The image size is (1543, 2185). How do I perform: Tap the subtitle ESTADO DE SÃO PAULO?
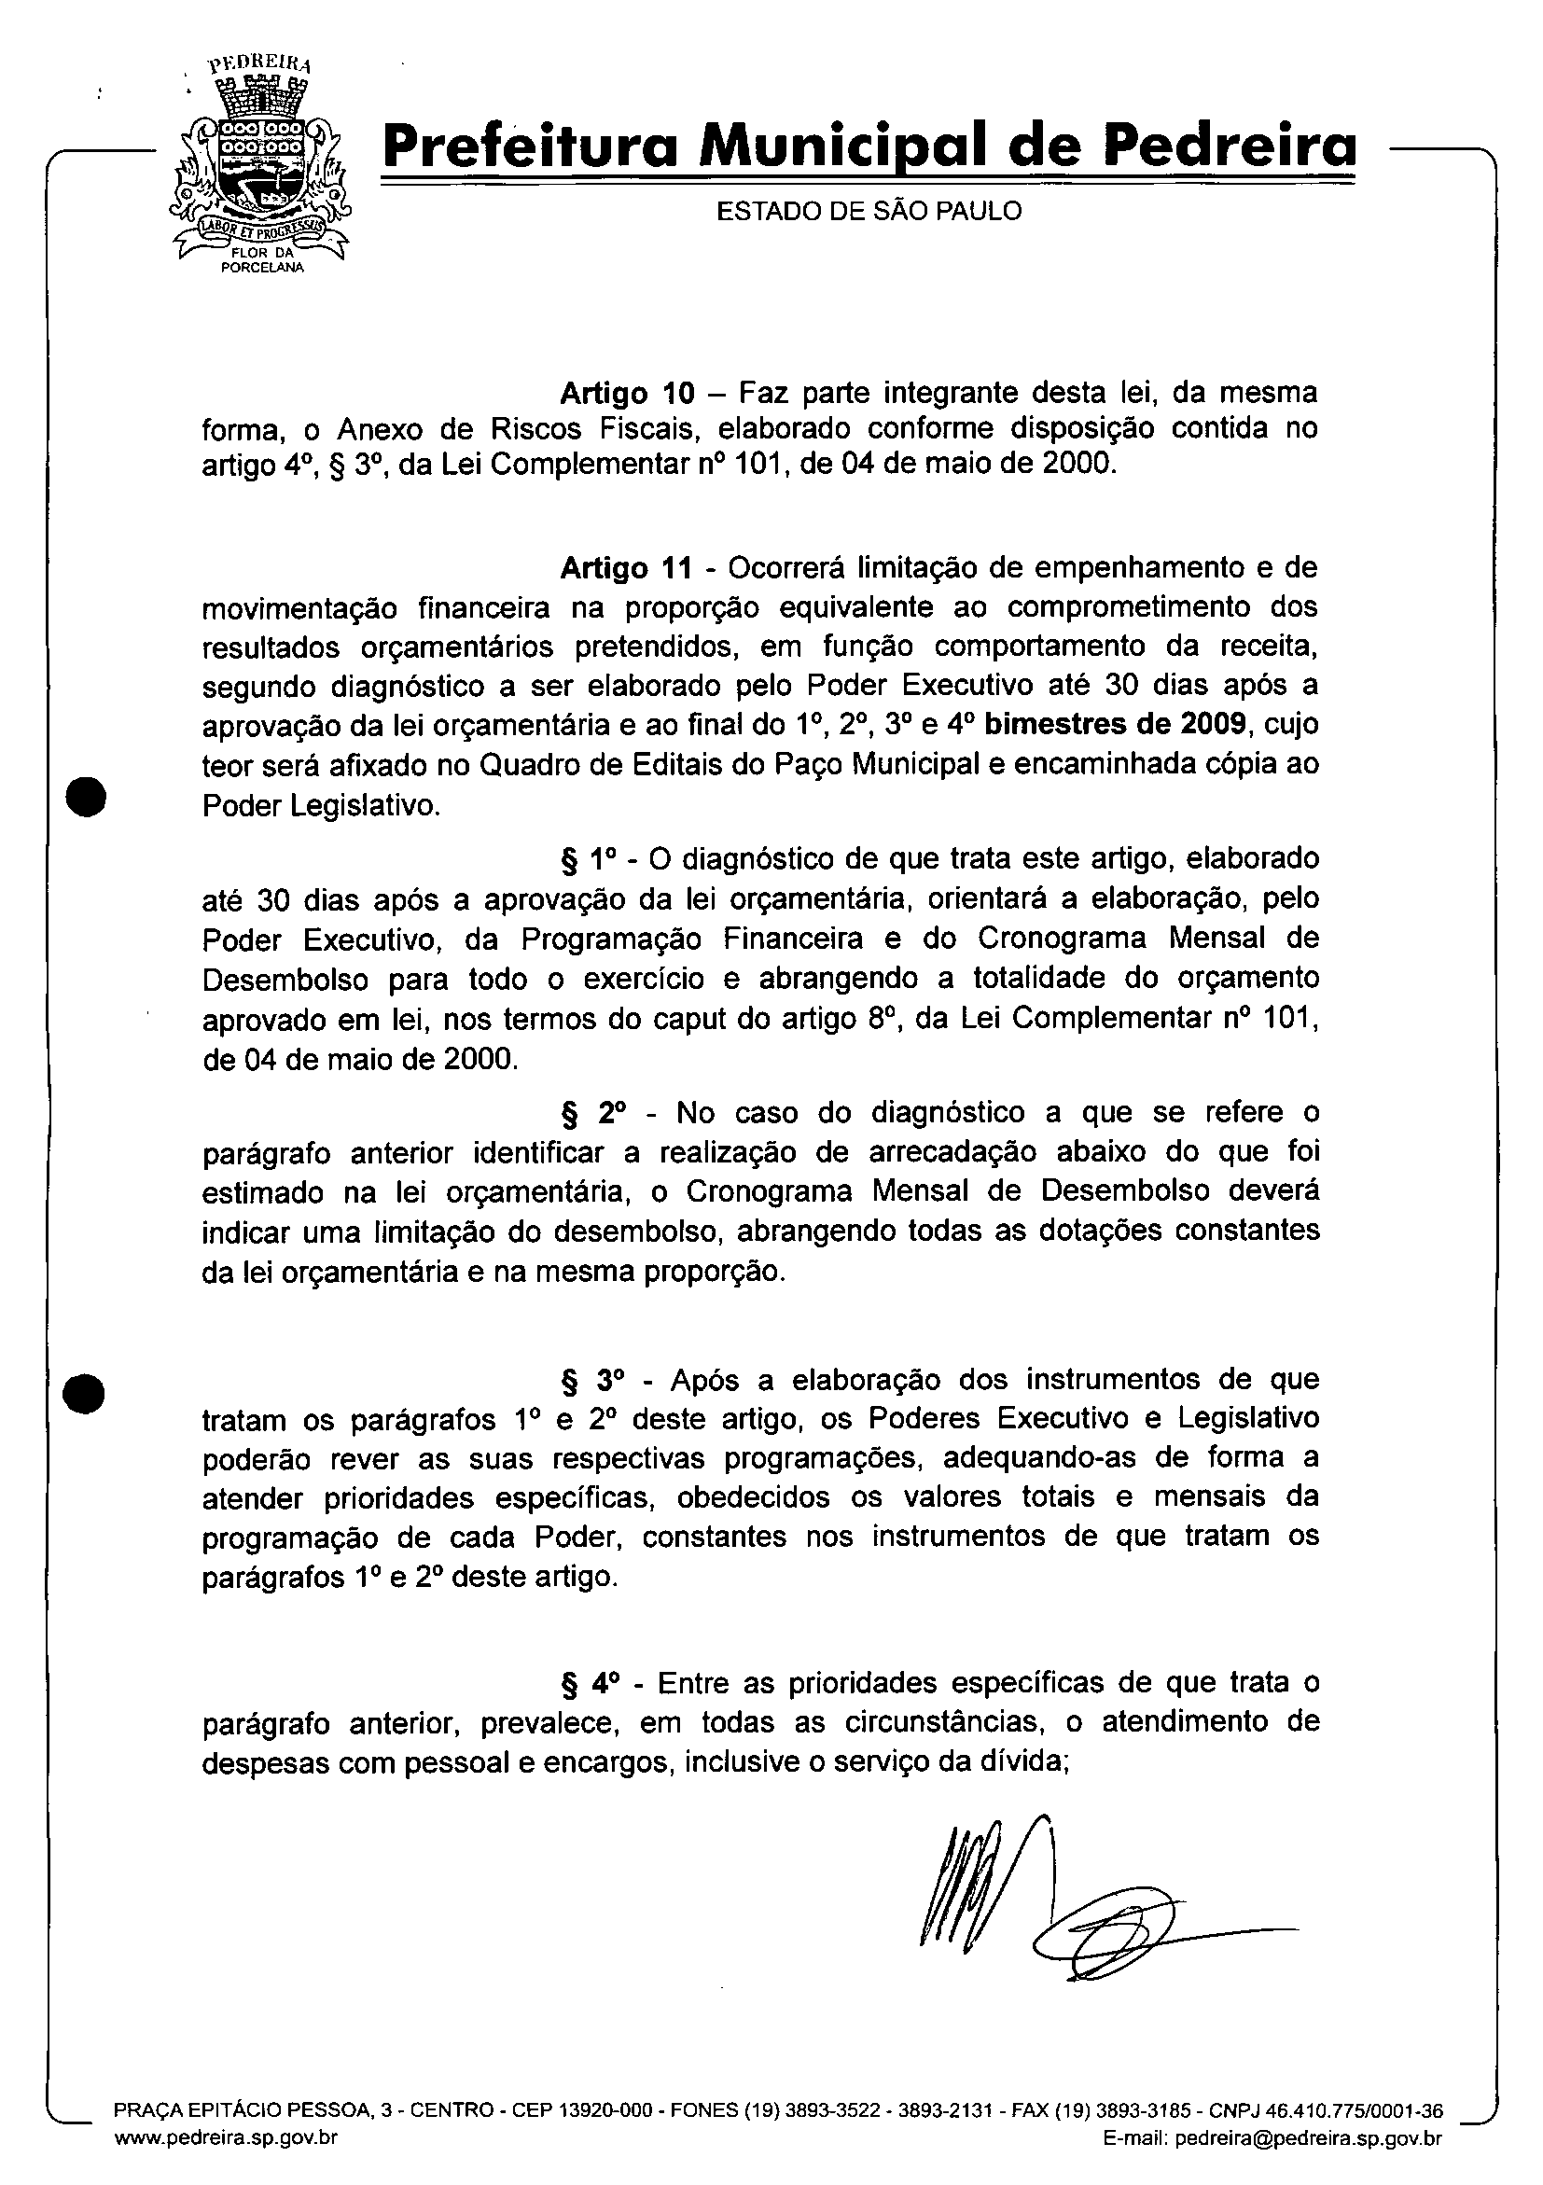[x=868, y=211]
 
